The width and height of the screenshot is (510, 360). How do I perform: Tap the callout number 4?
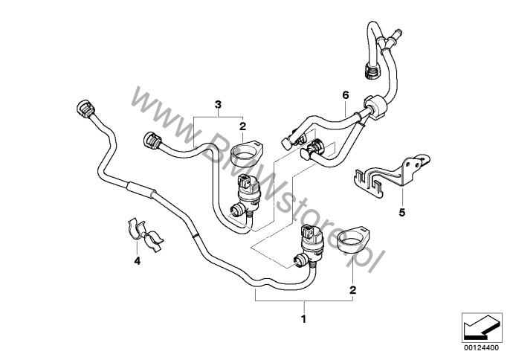pos(136,261)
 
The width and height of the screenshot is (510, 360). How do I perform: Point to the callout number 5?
pos(401,212)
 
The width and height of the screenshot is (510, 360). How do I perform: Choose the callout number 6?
pos(345,94)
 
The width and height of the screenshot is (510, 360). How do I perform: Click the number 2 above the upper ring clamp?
pos(243,128)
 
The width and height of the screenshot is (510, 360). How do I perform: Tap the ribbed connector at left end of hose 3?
pos(152,141)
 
